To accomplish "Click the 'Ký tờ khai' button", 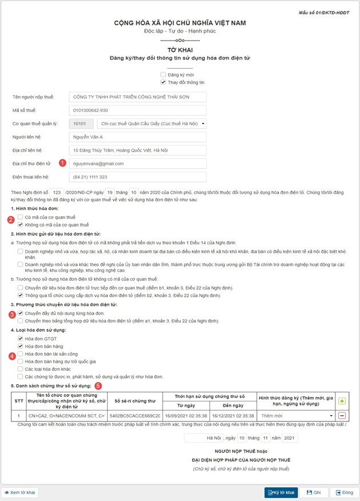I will click(281, 492).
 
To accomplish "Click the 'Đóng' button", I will click(345, 492).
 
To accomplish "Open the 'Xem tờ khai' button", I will click(20, 492).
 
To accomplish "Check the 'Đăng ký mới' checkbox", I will click(163, 75).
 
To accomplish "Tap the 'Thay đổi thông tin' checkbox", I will click(163, 82).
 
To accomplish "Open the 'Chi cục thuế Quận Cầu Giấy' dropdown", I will click(151, 124).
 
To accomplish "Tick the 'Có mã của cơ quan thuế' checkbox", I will click(21, 217).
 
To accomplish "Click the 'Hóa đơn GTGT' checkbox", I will click(21, 339).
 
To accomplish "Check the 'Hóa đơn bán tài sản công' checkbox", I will click(21, 354).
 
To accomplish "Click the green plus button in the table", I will click(342, 401).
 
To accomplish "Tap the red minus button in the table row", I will click(342, 416).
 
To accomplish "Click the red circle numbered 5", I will click(98, 385).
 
